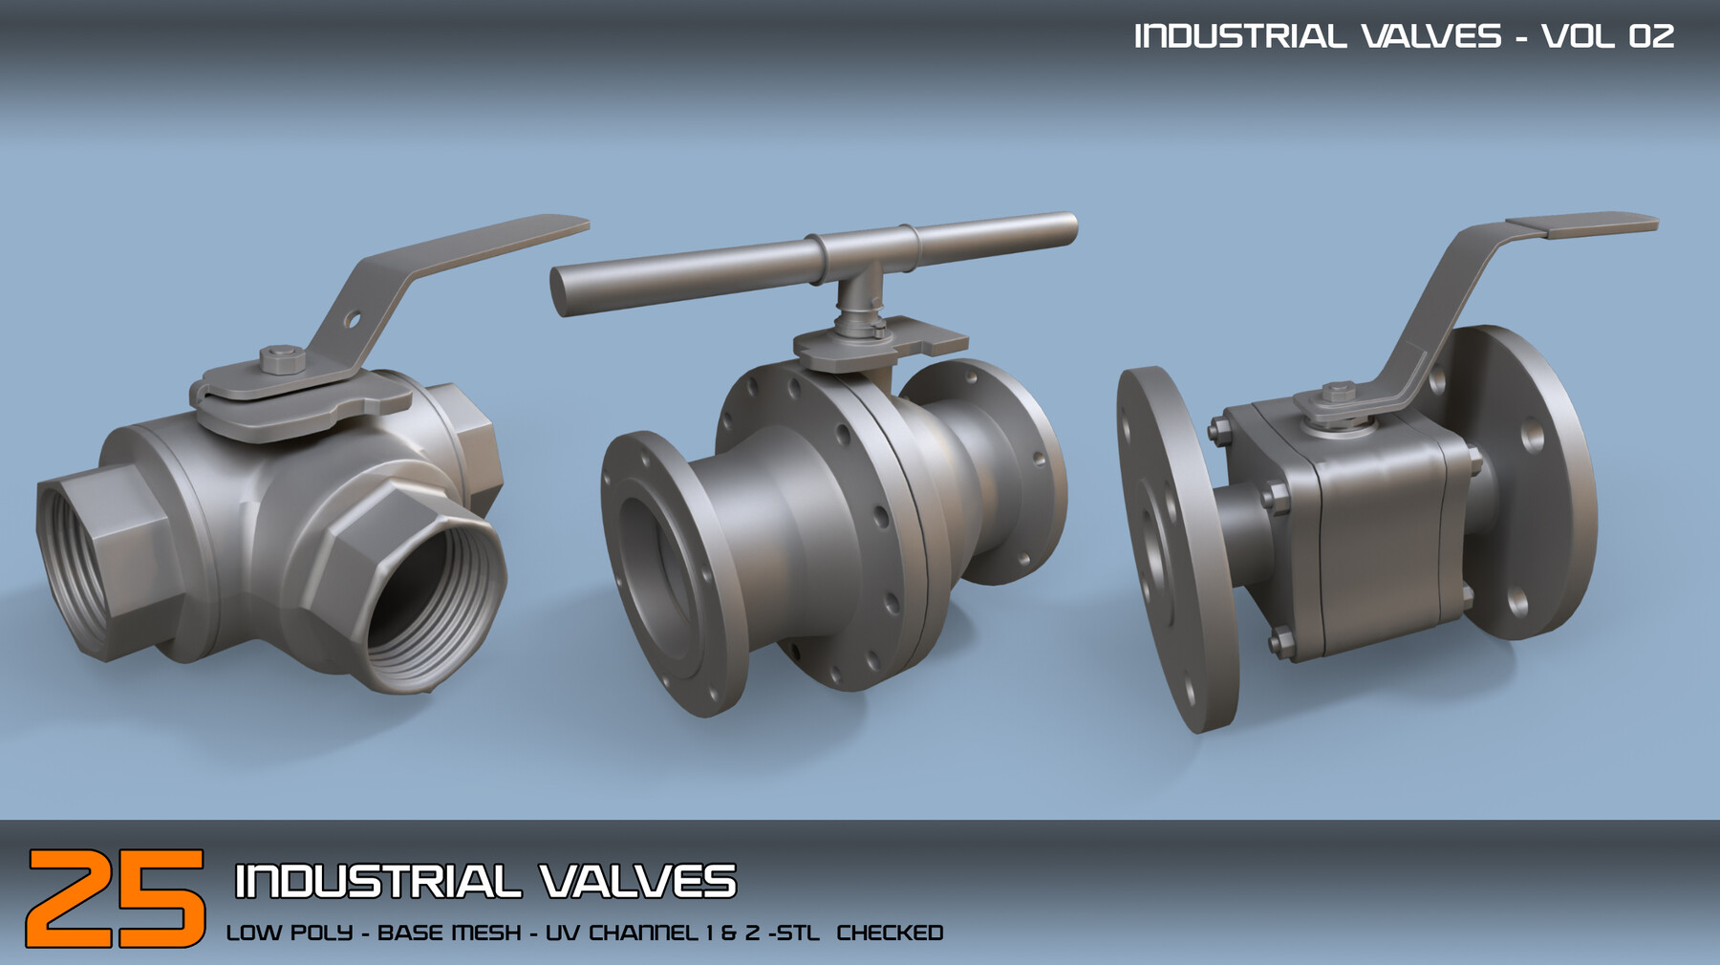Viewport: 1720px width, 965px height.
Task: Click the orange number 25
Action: coord(115,898)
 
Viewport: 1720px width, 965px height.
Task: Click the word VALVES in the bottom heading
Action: coord(637,881)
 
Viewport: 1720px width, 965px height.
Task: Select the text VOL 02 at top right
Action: coord(1607,36)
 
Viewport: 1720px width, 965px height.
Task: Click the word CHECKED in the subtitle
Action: coord(890,933)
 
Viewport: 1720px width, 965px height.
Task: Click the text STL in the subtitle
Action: coord(797,933)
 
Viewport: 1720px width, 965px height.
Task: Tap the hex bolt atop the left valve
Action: coord(282,359)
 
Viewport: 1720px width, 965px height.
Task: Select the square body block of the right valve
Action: coord(1376,535)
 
